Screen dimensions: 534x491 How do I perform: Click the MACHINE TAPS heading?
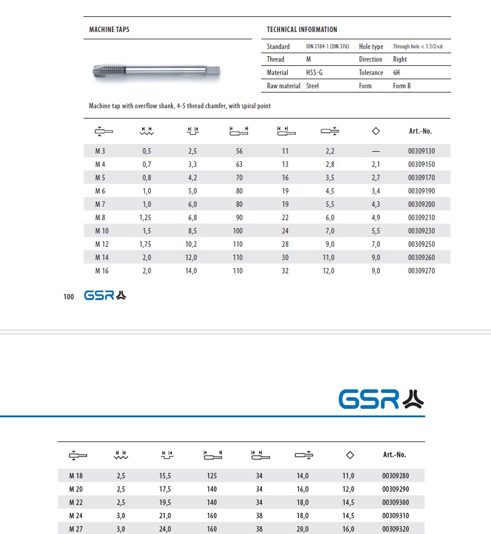point(109,29)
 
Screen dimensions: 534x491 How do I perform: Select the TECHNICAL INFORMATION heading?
point(302,29)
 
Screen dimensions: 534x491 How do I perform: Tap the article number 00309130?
point(421,151)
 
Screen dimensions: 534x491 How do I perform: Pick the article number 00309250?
point(421,244)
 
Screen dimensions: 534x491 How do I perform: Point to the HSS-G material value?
point(314,73)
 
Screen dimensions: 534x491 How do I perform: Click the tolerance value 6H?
point(397,73)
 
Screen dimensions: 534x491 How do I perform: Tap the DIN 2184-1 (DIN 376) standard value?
point(327,47)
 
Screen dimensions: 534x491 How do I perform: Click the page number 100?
point(68,296)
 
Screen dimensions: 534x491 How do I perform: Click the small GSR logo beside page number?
point(105,296)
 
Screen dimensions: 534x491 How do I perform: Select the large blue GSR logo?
point(381,399)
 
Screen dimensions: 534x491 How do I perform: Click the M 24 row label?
point(76,516)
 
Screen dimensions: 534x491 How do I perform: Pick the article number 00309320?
point(396,529)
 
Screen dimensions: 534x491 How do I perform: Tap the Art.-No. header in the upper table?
point(420,131)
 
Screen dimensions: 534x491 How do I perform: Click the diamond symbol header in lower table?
point(350,455)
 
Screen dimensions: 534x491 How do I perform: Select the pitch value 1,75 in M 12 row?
point(145,244)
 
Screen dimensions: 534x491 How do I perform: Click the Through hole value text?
point(418,47)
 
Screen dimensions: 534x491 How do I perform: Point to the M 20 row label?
point(76,489)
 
